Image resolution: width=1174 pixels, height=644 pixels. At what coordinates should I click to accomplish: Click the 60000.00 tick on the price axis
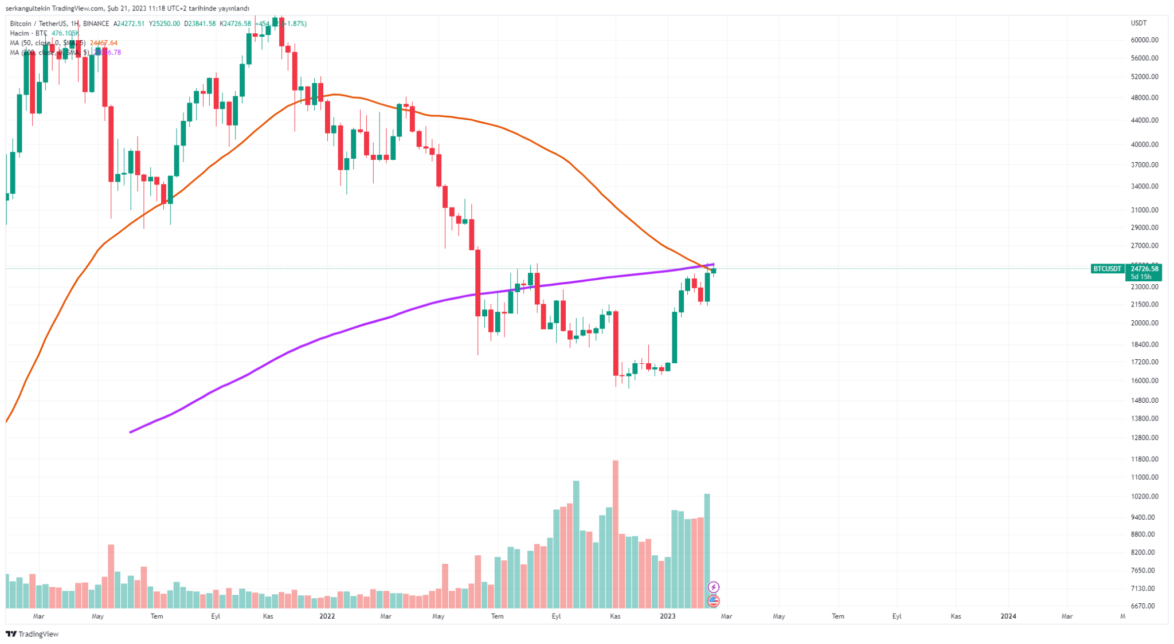[1144, 40]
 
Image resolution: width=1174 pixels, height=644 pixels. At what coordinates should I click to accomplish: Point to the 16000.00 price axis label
[1144, 380]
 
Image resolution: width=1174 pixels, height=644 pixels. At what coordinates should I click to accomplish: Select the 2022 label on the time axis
[327, 616]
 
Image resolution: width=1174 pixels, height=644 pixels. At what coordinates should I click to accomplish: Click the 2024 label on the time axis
[1008, 616]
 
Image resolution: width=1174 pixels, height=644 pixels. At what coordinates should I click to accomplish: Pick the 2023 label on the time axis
[667, 616]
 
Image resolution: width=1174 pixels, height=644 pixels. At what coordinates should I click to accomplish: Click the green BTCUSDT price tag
[1107, 269]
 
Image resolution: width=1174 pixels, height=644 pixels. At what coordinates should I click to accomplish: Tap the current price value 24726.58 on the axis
[1144, 269]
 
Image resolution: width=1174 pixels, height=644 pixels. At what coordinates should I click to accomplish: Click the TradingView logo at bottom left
[32, 634]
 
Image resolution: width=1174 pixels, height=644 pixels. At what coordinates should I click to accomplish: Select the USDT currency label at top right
[1138, 23]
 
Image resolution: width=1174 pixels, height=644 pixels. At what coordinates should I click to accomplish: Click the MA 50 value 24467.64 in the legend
[104, 43]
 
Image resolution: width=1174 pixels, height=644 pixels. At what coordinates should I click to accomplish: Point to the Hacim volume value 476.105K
[65, 33]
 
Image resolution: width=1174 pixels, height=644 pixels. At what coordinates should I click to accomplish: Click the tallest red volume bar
[616, 533]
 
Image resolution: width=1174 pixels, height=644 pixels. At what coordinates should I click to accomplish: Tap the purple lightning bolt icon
[713, 587]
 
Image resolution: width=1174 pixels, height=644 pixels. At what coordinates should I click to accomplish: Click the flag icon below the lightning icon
[713, 600]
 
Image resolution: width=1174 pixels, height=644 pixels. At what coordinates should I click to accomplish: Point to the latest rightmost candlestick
[714, 270]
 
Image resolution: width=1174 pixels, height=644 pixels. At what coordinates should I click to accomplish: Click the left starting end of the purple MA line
[131, 431]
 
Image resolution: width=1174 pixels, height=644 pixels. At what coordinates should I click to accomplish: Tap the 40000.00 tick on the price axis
[1144, 144]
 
